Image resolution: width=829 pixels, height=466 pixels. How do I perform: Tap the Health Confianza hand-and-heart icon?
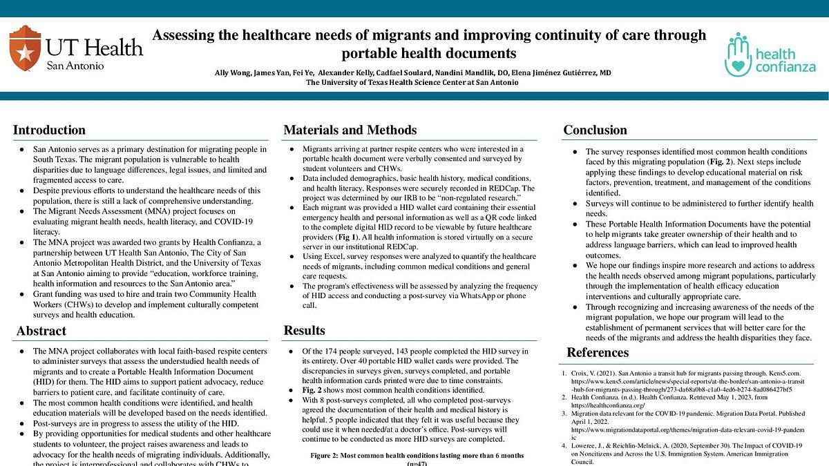[x=737, y=54]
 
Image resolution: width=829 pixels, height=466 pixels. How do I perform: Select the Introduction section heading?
[x=49, y=130]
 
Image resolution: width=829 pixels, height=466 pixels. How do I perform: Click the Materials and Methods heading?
[x=350, y=130]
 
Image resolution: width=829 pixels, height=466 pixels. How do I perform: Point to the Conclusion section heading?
[x=595, y=130]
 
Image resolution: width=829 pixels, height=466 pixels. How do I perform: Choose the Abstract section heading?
[x=41, y=331]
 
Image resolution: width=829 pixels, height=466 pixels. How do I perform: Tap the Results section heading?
[x=304, y=331]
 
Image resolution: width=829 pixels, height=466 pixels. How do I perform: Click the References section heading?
[x=598, y=353]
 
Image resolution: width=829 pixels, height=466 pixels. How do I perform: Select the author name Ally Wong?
[x=233, y=72]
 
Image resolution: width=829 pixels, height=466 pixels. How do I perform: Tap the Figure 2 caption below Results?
[x=417, y=456]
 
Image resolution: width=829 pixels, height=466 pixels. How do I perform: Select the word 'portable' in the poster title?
[x=372, y=53]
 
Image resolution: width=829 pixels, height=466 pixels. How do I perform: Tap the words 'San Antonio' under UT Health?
[x=75, y=66]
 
